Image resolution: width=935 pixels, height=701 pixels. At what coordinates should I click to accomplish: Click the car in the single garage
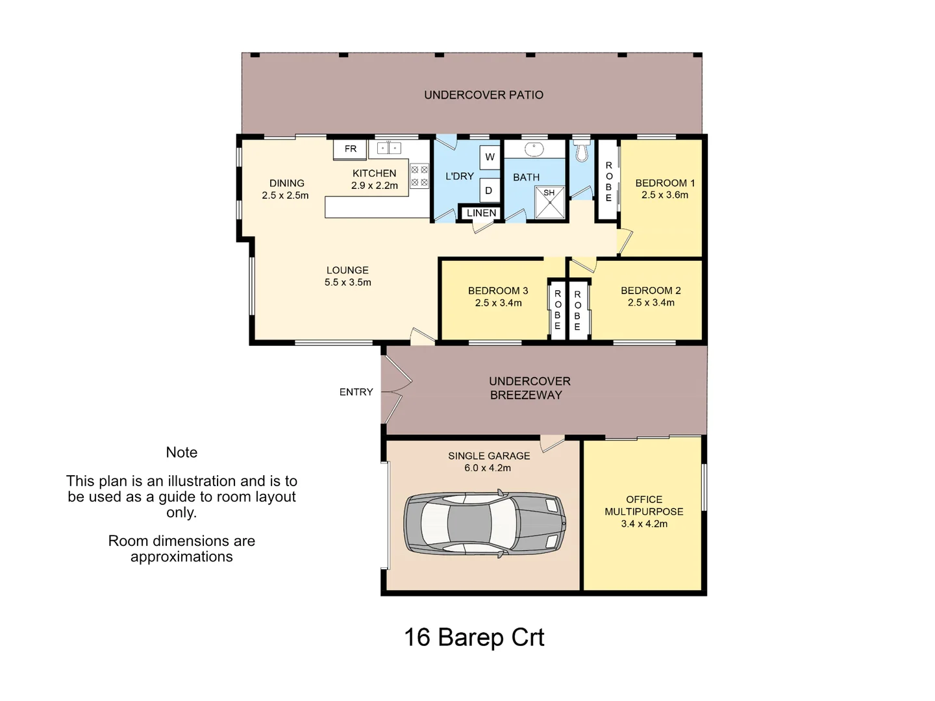pyautogui.click(x=484, y=523)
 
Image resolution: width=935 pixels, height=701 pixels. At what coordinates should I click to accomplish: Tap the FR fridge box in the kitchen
pyautogui.click(x=350, y=149)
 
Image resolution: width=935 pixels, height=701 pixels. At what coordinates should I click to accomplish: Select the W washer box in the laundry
pyautogui.click(x=490, y=157)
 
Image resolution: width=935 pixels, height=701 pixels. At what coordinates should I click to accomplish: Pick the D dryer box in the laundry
pyautogui.click(x=489, y=190)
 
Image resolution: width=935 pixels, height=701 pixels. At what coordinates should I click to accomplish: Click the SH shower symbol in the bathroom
pyautogui.click(x=549, y=202)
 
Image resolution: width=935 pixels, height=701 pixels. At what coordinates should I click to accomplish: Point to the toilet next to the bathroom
pyautogui.click(x=581, y=151)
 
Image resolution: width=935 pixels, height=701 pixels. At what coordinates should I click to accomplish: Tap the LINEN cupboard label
pyautogui.click(x=481, y=213)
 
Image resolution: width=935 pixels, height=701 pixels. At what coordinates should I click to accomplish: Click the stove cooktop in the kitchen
pyautogui.click(x=419, y=176)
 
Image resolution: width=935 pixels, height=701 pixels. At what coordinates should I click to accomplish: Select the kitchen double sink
pyautogui.click(x=388, y=149)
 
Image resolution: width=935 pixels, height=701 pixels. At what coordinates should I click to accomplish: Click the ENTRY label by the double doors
pyautogui.click(x=356, y=392)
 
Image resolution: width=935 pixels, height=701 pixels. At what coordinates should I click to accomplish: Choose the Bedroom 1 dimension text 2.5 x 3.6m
pyautogui.click(x=665, y=195)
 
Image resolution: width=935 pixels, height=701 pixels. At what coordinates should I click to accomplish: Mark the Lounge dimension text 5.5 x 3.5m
pyautogui.click(x=347, y=282)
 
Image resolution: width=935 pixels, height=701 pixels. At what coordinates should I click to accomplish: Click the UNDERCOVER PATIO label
pyautogui.click(x=484, y=95)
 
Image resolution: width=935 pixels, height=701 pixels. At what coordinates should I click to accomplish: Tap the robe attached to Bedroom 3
pyautogui.click(x=557, y=310)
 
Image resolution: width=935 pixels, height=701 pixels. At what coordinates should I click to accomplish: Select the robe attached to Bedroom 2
pyautogui.click(x=577, y=310)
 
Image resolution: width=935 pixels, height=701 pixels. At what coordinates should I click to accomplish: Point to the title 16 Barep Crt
pyautogui.click(x=474, y=637)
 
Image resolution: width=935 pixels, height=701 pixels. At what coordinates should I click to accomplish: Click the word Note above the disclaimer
pyautogui.click(x=181, y=452)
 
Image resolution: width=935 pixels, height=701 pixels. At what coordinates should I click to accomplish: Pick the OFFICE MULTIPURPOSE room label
pyautogui.click(x=643, y=506)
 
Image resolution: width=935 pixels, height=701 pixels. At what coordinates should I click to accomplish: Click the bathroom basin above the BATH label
pyautogui.click(x=534, y=149)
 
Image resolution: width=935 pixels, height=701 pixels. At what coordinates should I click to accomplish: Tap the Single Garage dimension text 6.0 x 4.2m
pyautogui.click(x=488, y=468)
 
